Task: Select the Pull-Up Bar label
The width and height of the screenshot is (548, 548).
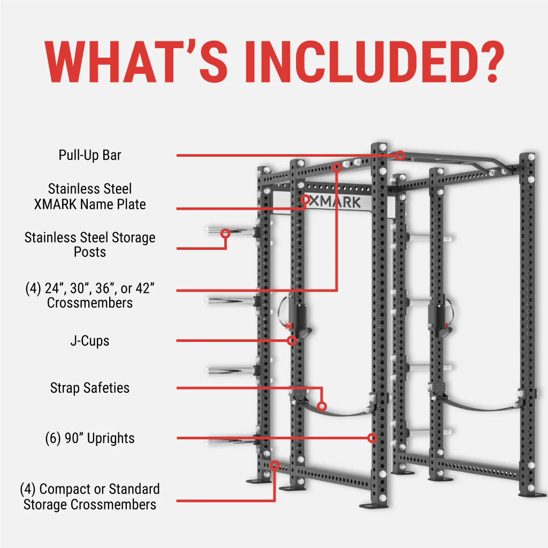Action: point(90,155)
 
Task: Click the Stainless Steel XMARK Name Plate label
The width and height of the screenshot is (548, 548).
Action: point(90,196)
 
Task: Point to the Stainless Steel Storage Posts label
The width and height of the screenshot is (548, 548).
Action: point(90,244)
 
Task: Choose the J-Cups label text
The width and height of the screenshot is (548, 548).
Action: point(90,341)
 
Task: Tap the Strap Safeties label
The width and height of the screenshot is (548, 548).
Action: point(90,387)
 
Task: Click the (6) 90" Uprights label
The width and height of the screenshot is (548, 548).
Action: point(90,438)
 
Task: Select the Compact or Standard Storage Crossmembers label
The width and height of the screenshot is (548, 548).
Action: point(90,497)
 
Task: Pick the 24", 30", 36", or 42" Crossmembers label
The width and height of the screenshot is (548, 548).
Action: point(90,295)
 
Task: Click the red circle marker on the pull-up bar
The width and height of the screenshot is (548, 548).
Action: point(400,155)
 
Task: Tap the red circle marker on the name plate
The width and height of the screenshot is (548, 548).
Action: point(305,200)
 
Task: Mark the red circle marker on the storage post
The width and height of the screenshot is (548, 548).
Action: point(225,233)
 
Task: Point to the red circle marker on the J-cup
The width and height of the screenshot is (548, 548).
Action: point(292,340)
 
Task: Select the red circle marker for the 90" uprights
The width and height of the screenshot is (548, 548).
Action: point(372,438)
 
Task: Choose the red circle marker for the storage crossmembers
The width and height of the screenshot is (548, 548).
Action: point(275,466)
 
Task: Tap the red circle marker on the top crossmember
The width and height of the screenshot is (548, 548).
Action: point(337,168)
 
